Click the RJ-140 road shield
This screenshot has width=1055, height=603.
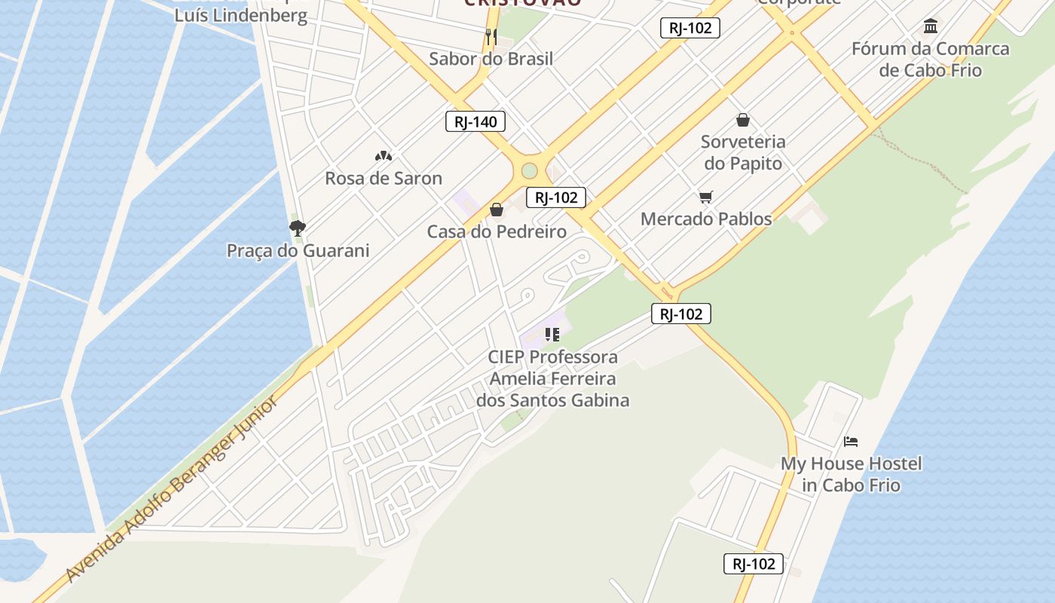tap(475, 121)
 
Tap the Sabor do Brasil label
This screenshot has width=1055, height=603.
tap(491, 59)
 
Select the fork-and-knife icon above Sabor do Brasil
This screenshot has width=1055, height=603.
tap(491, 35)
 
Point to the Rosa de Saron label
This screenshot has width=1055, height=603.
tap(384, 179)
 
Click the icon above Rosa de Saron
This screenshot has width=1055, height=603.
tap(384, 156)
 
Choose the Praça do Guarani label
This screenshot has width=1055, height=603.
tap(298, 251)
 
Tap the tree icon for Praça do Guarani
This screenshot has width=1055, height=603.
tap(298, 228)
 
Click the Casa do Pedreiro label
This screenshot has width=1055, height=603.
tap(497, 232)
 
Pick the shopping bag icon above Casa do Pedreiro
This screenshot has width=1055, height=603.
tap(497, 210)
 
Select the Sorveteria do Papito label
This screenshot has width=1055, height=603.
tap(742, 152)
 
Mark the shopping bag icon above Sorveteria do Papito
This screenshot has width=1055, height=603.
tap(743, 120)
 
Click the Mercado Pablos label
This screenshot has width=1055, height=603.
tap(706, 219)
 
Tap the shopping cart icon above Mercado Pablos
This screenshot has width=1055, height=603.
tap(706, 197)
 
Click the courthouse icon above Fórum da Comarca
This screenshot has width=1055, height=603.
tap(931, 27)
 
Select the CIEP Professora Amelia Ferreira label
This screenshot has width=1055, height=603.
tap(552, 378)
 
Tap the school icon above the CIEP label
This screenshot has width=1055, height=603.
tap(552, 335)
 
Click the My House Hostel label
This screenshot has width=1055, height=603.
tap(851, 474)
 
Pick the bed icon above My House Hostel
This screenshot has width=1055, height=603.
tap(851, 442)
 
